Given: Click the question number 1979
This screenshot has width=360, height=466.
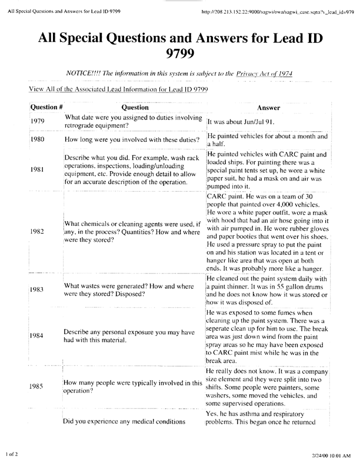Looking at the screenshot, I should point(37,121).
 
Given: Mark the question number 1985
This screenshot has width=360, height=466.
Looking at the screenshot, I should point(37,388).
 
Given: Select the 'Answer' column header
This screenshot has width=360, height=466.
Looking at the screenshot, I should point(269,108).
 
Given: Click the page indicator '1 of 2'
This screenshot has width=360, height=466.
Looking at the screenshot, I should point(13,454).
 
